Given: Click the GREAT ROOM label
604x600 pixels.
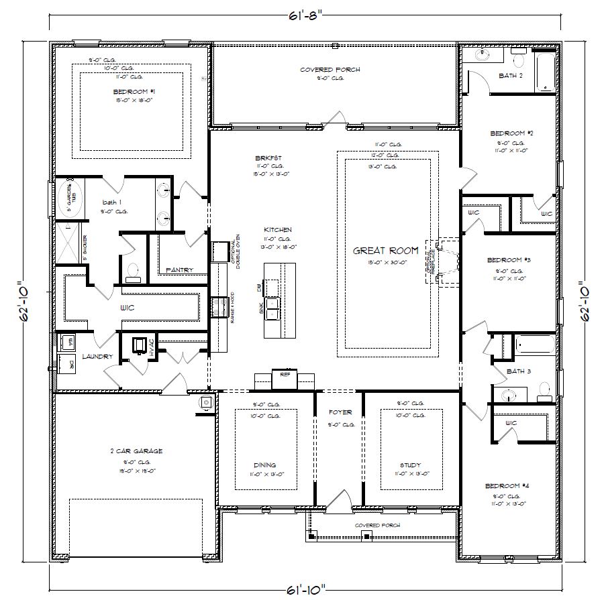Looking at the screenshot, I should [385, 250].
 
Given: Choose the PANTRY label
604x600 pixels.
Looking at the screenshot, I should [179, 270].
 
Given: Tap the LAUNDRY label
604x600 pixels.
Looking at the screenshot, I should [98, 357].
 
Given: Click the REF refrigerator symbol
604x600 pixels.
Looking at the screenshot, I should [284, 375].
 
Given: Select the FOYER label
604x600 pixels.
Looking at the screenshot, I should [340, 412].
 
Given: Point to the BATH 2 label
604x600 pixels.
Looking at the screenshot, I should [511, 76].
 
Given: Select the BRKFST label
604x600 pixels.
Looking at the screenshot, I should [264, 158].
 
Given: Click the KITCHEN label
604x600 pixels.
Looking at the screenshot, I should [278, 230].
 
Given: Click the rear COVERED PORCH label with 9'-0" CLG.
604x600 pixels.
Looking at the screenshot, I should [330, 70].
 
